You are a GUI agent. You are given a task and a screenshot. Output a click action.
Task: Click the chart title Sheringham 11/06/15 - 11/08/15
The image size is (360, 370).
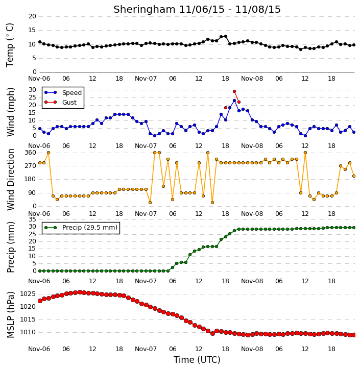coord(197,9)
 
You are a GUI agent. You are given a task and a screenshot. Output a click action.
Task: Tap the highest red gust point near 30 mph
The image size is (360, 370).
coord(234,91)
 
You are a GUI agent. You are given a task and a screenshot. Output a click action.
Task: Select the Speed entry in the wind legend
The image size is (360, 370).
coord(72,93)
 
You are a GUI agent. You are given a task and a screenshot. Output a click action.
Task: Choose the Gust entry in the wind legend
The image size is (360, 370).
coord(69,103)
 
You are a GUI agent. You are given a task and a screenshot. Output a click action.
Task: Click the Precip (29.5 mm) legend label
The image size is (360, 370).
coord(90,228)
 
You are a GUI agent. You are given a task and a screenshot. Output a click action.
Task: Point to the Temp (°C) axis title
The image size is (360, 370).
coord(10,45)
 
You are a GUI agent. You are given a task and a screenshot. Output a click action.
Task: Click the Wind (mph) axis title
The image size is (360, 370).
coord(10,112)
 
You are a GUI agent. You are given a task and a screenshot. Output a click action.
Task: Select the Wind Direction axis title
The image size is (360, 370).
coord(10,180)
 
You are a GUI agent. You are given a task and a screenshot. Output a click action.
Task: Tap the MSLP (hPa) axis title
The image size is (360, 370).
coord(10,315)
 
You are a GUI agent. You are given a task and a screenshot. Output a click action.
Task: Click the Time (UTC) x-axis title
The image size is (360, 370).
coord(197,360)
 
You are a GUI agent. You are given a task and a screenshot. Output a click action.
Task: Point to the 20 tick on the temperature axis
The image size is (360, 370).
coord(32,16)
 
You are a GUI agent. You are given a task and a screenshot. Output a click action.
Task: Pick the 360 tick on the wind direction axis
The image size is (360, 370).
coord(31,153)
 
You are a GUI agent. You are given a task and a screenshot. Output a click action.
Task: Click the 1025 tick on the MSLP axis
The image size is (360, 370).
coord(28,294)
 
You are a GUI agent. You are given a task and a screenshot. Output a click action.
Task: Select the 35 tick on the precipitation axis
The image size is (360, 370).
coord(32,219)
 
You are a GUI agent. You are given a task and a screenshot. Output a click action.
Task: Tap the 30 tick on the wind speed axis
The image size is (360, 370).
coord(32,90)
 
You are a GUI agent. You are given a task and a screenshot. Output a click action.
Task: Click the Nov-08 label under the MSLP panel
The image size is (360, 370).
coord(252,349)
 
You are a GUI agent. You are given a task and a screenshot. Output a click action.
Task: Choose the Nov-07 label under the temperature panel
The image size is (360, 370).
coord(146,79)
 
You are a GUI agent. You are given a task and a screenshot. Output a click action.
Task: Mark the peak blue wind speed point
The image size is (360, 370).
coord(234,101)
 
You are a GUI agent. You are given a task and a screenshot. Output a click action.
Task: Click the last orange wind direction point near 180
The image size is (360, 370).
coord(354,176)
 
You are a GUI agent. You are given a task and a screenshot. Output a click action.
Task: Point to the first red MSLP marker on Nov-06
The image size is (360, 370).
coord(40,301)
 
